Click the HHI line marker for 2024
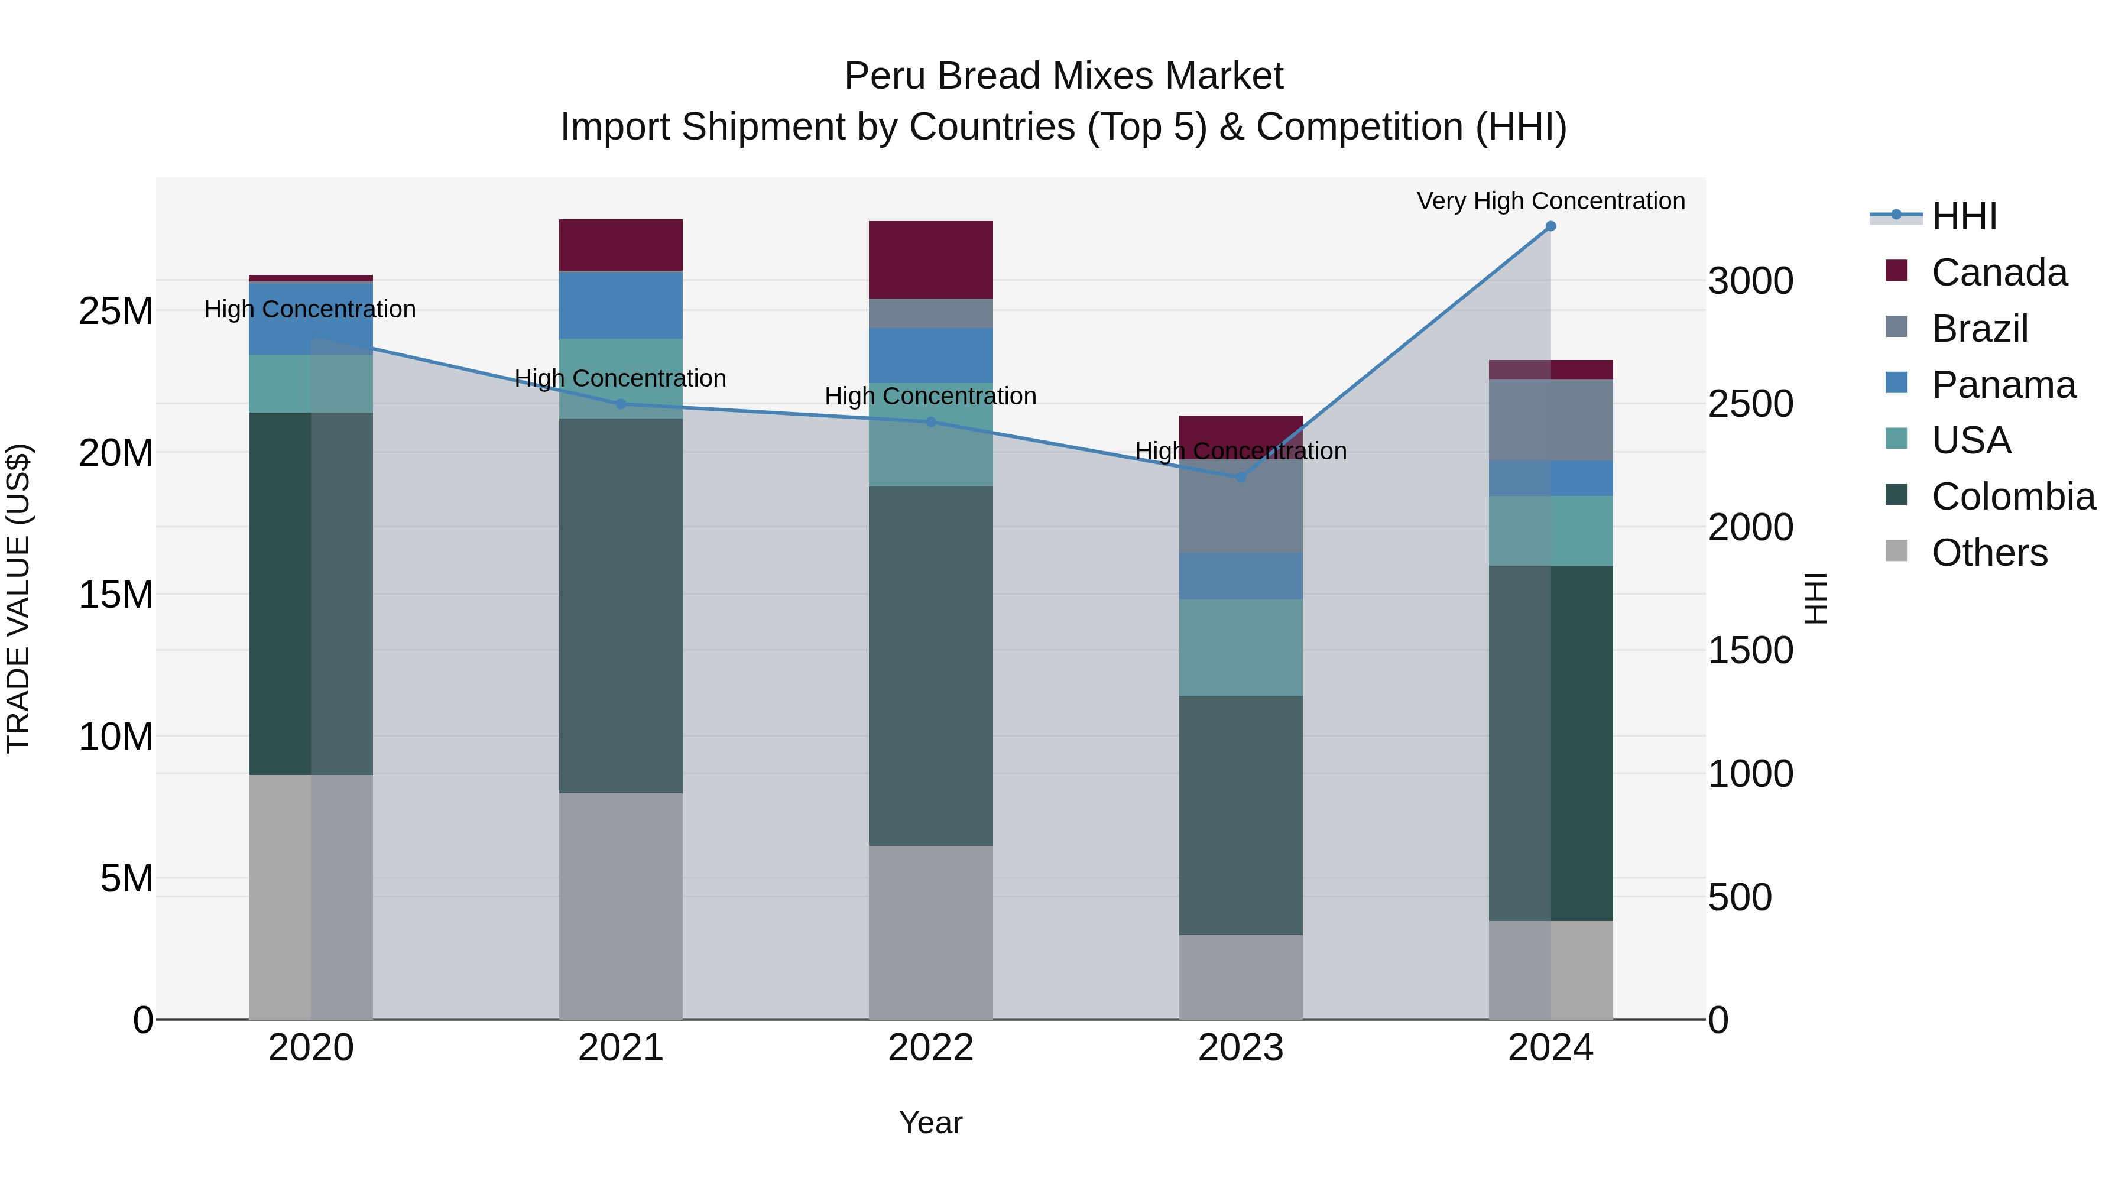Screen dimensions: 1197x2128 1550,226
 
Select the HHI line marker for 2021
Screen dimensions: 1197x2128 621,404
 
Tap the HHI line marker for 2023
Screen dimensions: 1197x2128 1240,478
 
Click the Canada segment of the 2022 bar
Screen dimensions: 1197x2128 930,259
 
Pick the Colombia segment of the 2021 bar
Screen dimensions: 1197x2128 621,605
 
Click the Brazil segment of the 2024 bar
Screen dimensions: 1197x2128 1550,420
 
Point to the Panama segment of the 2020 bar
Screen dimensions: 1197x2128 310,318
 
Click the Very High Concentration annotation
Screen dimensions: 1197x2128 1550,201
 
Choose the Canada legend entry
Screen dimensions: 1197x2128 1999,273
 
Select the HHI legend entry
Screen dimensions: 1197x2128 1964,216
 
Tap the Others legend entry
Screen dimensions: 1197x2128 1988,553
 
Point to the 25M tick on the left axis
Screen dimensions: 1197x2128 116,312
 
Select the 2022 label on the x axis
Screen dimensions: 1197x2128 930,1048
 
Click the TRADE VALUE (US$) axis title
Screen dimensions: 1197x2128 19,598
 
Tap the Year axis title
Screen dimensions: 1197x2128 930,1123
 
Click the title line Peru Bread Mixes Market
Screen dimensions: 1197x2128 1063,76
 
